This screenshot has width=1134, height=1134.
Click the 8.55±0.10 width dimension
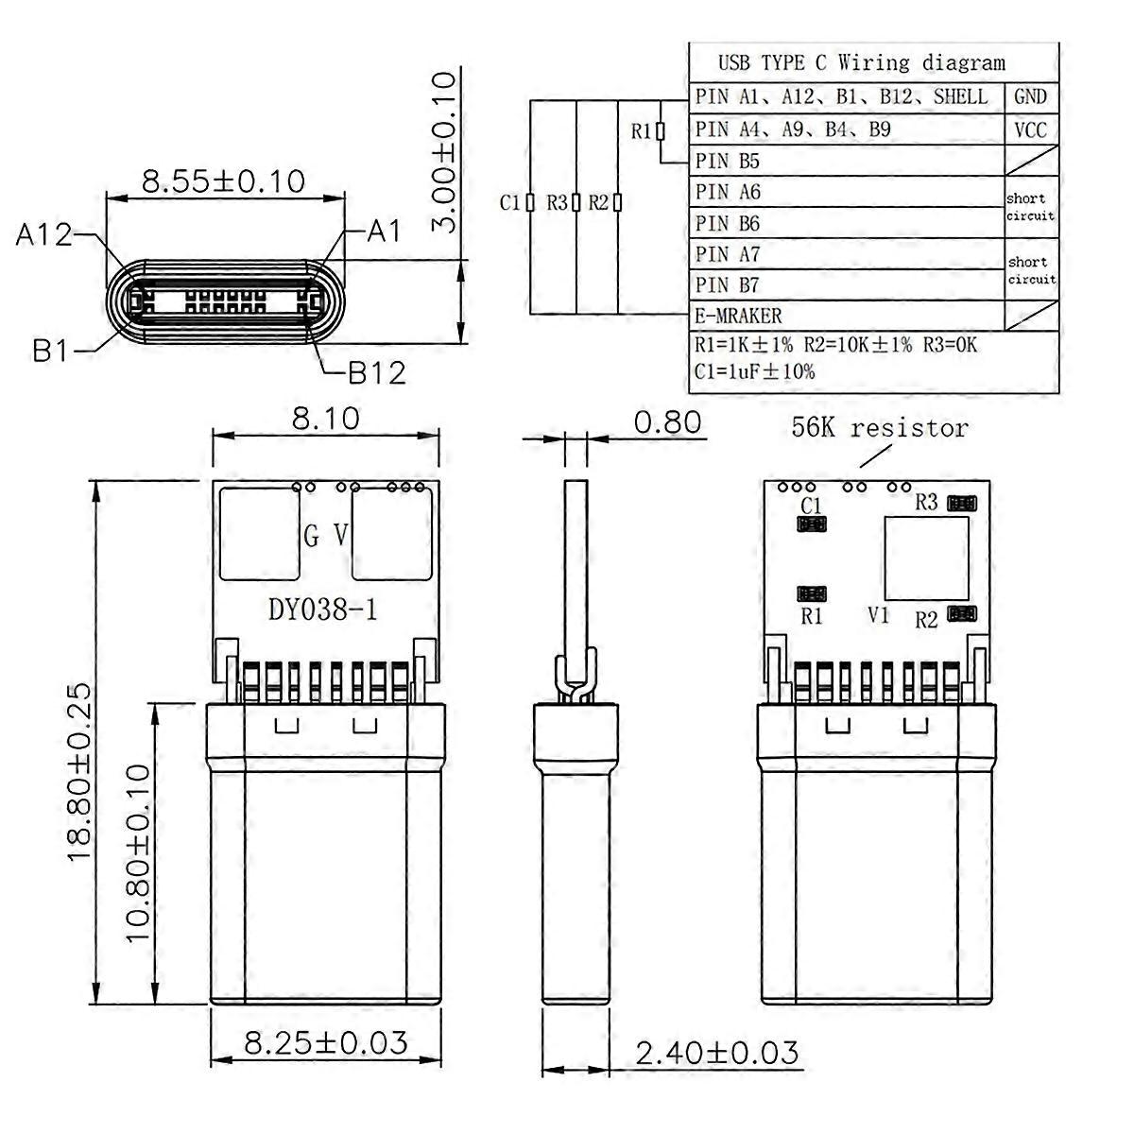pos(224,181)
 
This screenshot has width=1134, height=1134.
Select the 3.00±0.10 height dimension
pos(444,152)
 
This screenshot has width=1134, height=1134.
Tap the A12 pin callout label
pos(43,234)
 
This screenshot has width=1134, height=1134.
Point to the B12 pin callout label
pos(377,373)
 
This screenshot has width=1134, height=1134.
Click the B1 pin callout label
pos(51,352)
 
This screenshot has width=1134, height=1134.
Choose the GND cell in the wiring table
pos(1030,96)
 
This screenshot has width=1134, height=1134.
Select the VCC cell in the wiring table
pos(1030,129)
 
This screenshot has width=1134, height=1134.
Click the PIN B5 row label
pos(728,161)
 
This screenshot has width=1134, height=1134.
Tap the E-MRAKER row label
pos(739,316)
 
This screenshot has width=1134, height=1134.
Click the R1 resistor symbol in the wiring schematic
pos(661,130)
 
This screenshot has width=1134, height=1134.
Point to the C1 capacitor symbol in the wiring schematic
pos(530,202)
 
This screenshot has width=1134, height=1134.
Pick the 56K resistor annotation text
pos(880,428)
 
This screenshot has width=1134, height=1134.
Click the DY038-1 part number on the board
pos(322,610)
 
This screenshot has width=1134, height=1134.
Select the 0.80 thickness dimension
pos(667,421)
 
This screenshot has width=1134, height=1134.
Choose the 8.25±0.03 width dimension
pos(325,1042)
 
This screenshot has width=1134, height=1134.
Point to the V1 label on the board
pos(878,615)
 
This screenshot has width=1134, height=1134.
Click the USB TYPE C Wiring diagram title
pos(862,62)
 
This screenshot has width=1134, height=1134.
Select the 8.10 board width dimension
pos(325,419)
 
